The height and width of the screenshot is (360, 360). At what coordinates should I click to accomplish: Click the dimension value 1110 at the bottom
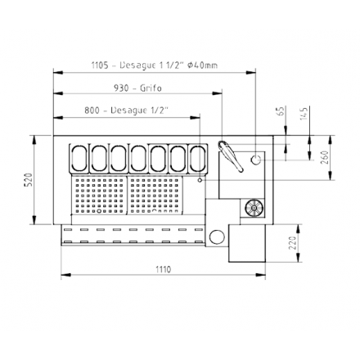[x=162, y=269]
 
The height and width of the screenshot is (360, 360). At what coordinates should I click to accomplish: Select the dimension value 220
[x=293, y=243]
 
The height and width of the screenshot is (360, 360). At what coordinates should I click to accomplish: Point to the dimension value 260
[x=325, y=156]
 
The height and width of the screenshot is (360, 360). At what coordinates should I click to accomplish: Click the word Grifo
[x=150, y=88]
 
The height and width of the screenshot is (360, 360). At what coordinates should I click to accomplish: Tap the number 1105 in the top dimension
[x=101, y=66]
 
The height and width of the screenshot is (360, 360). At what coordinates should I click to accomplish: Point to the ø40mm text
[x=202, y=66]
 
